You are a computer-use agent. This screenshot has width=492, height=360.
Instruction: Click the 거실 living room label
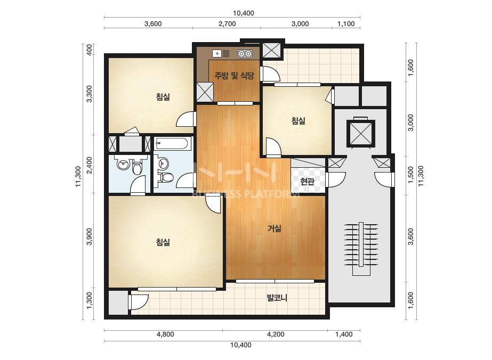click(274, 228)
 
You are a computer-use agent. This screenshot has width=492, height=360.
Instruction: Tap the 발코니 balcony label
click(277, 298)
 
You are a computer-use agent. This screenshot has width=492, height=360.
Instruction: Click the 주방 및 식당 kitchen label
click(234, 75)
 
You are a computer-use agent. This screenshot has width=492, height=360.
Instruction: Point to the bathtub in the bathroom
click(172, 144)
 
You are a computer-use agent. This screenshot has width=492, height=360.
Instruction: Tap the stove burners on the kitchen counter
click(245, 54)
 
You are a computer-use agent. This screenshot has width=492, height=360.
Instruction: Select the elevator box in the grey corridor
click(361, 133)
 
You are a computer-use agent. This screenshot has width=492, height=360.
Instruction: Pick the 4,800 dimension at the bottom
click(165, 334)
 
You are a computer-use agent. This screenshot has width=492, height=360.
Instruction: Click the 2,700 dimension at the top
click(227, 24)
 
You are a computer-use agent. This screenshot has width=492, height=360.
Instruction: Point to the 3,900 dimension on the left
click(90, 236)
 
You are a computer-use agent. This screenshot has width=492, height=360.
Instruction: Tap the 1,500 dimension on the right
click(411, 175)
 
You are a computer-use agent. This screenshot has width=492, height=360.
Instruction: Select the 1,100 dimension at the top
click(346, 24)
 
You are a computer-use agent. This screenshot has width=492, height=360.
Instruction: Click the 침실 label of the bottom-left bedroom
click(163, 242)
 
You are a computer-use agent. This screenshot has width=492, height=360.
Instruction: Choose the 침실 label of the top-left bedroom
click(163, 96)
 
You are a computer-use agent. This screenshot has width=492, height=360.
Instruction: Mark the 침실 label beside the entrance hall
click(298, 120)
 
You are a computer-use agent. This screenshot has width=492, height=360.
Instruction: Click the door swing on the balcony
click(139, 302)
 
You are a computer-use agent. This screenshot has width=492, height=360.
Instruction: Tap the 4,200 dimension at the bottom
click(276, 334)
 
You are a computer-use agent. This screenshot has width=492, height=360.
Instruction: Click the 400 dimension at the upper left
click(90, 50)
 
